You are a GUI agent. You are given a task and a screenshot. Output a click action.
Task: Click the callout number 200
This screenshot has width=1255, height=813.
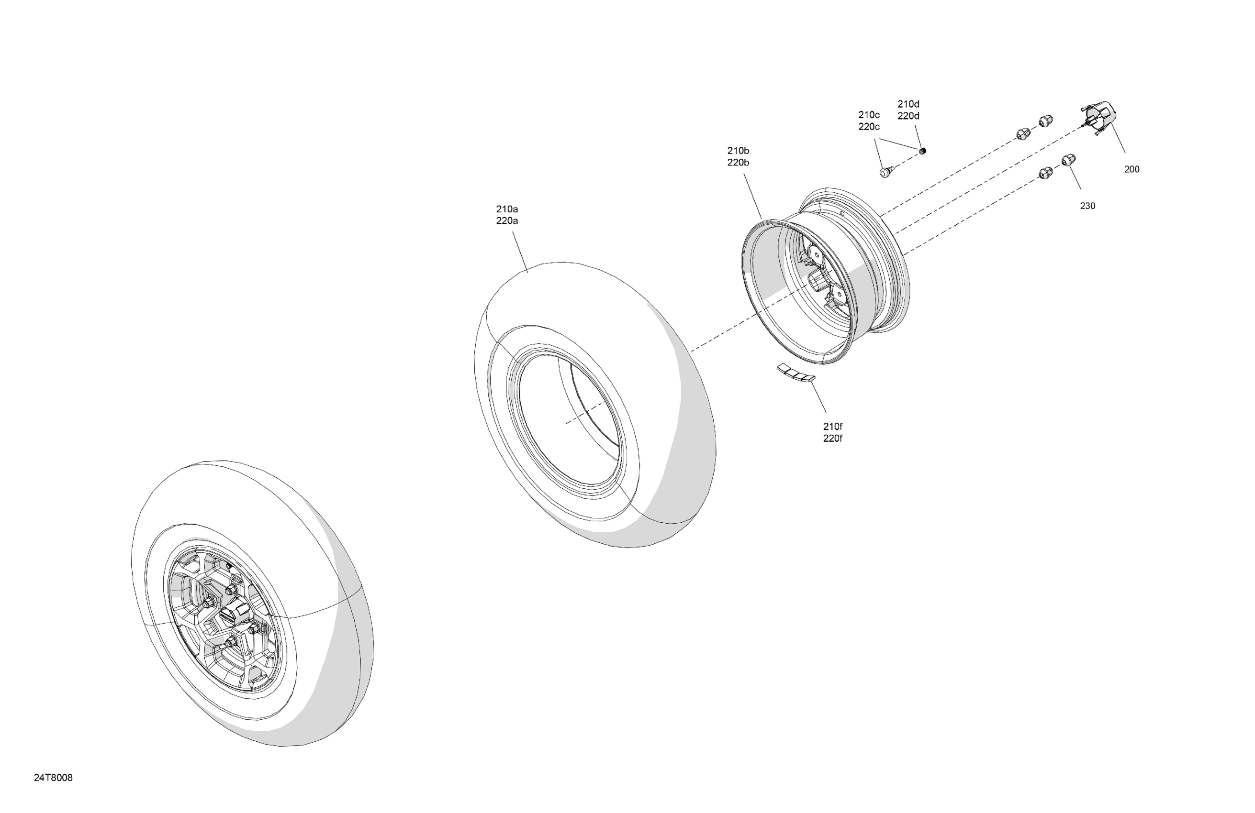1132,169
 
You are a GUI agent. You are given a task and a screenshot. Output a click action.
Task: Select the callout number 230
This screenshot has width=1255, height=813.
1087,206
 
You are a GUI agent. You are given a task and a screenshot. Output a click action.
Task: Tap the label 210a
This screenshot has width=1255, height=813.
507,209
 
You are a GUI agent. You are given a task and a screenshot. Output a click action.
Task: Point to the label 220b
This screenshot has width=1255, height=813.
738,163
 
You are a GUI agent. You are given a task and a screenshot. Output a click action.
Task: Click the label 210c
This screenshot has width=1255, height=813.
869,114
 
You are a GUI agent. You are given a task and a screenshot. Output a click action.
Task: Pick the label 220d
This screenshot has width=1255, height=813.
908,116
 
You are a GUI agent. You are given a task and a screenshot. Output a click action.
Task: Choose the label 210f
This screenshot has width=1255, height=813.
833,426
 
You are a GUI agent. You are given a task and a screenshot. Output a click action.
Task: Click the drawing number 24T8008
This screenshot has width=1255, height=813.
53,778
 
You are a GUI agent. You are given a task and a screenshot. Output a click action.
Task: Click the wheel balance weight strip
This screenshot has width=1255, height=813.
796,372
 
